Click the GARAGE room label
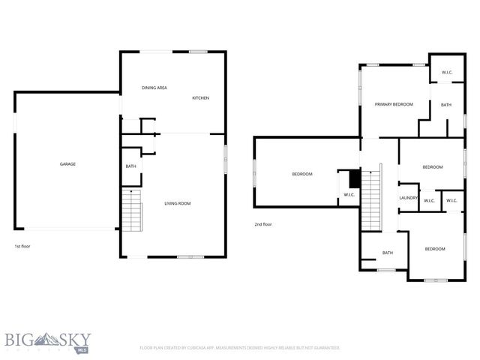68,163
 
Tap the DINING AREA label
154,88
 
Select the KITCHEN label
200,98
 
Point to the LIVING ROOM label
178,203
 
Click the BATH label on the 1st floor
130,166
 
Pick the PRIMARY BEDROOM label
394,104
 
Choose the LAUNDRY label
408,198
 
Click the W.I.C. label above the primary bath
447,73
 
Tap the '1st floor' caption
22,246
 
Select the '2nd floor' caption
263,224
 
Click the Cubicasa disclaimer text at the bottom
240,348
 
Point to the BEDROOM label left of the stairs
302,174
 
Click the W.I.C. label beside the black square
349,195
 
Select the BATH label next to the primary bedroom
446,105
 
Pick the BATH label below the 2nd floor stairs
388,253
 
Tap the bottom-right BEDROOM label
436,249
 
